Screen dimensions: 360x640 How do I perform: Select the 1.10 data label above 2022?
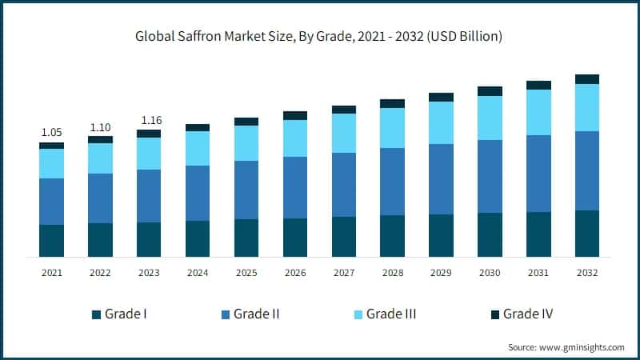point(100,126)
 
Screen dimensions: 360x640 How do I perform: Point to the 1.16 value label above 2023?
point(149,120)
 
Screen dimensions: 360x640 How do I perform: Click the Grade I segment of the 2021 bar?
point(51,241)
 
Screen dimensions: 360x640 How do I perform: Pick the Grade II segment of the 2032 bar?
point(587,170)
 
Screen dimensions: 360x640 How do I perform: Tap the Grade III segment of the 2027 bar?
point(344,133)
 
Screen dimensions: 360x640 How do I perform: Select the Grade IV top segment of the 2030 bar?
point(490,91)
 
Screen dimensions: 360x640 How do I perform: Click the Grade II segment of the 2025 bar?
point(246,190)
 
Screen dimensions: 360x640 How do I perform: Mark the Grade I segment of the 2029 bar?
point(441,235)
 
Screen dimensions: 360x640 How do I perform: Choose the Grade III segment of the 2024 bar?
point(198,148)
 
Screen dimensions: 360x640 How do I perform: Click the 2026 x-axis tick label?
point(295,274)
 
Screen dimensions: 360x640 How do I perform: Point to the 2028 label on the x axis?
point(392,274)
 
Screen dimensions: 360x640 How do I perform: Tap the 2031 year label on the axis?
point(538,274)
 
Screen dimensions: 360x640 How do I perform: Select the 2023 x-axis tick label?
point(149,274)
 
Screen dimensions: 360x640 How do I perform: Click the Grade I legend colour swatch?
point(97,314)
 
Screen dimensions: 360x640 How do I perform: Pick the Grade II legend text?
point(256,314)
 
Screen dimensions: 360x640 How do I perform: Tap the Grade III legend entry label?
point(391,314)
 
